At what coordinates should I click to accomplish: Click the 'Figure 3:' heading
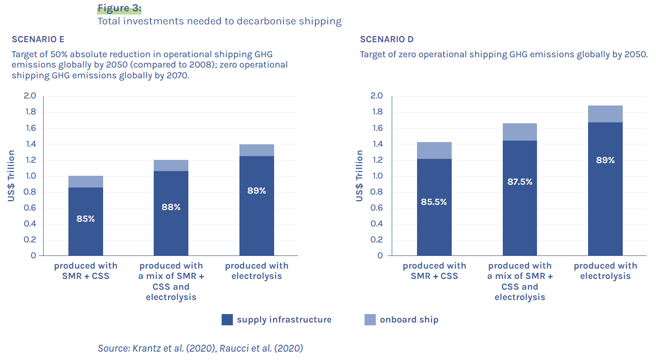119,8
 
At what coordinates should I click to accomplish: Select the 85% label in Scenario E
85,218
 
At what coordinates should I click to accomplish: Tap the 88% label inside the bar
171,207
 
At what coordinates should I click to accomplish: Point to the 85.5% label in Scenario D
434,202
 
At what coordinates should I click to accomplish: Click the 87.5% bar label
520,181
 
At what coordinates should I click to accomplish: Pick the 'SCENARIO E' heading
38,39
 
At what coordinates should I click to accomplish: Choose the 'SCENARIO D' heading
387,39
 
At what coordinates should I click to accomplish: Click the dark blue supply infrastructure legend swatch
227,320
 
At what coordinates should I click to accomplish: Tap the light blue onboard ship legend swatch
370,320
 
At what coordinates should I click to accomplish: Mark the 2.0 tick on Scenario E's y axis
30,96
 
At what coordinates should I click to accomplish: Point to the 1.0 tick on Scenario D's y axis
377,176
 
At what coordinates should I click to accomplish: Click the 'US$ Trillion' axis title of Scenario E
11,176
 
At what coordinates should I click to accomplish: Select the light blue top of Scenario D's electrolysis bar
605,114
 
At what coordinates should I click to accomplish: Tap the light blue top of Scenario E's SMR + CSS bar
85,181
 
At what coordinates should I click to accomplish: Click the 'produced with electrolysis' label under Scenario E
256,271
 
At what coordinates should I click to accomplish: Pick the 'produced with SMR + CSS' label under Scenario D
434,271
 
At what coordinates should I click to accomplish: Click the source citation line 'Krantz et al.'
200,348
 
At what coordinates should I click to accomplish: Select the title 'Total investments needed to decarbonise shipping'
219,21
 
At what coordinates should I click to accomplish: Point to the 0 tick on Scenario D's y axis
380,256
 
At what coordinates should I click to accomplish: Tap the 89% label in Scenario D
605,160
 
